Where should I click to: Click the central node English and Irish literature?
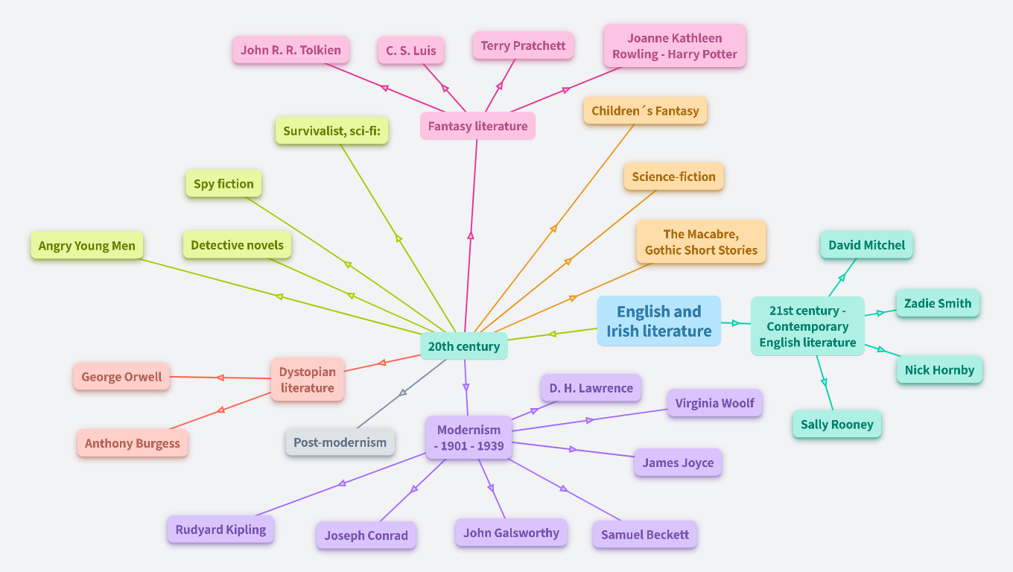658,321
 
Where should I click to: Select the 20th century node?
463,346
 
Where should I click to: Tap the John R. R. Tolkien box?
290,51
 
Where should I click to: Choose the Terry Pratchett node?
523,45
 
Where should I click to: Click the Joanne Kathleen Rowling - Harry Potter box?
674,46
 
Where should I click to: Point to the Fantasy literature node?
477,126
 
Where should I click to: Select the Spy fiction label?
223,184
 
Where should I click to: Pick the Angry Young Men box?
87,246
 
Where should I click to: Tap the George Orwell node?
121,377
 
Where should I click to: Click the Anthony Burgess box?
133,443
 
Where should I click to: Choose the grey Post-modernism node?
340,442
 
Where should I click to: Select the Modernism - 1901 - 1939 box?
469,438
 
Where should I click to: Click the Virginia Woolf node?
714,403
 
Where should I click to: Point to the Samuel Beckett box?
644,535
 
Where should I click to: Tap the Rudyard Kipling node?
220,530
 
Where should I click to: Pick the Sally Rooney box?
836,425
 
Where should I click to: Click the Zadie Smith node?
937,303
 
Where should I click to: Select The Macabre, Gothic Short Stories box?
701,242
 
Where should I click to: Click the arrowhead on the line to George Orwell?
220,378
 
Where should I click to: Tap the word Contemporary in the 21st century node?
807,326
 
